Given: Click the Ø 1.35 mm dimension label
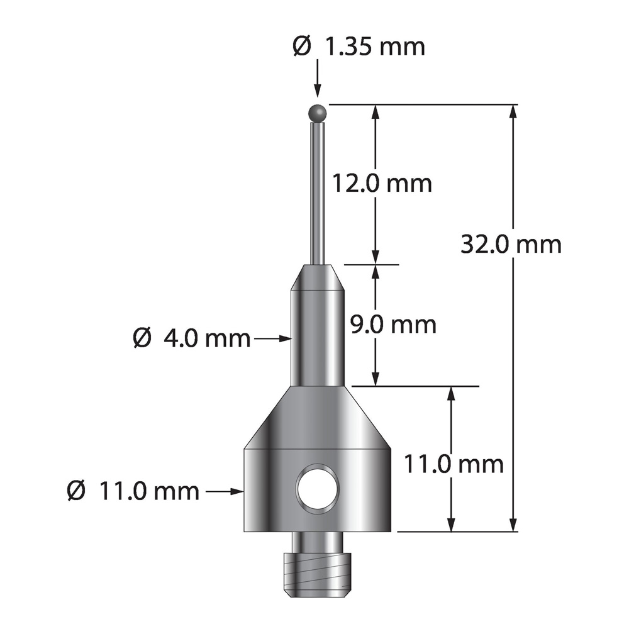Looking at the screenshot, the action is click(359, 47).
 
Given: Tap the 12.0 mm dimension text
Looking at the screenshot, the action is click(382, 184).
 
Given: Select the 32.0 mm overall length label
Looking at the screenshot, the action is click(511, 244).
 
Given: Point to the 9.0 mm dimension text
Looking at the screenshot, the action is click(393, 325).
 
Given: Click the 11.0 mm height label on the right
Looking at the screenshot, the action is click(454, 464).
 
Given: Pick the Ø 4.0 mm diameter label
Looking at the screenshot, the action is click(191, 338).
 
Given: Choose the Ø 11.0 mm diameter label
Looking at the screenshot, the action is click(133, 491).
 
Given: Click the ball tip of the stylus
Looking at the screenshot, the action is click(318, 113).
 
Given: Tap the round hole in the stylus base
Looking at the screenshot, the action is click(318, 489).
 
